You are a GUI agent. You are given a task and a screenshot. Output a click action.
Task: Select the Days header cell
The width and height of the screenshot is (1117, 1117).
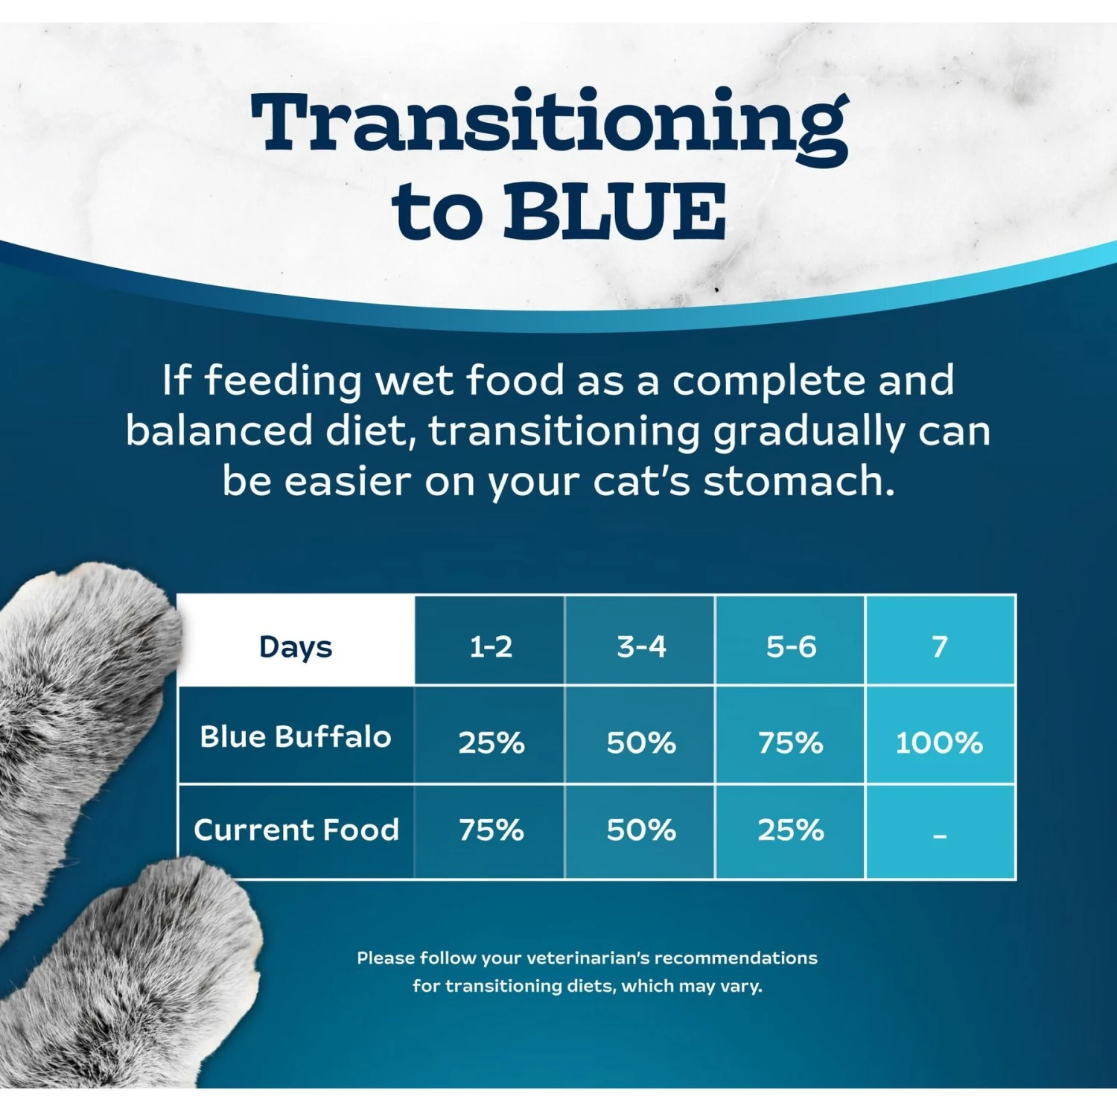[x=296, y=646]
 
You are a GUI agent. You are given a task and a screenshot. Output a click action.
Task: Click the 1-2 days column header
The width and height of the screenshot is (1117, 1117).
[x=491, y=646]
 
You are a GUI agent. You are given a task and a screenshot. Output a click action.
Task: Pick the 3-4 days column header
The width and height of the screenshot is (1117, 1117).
[x=641, y=646]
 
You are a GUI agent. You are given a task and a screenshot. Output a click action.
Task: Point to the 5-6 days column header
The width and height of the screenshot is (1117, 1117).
[x=791, y=646]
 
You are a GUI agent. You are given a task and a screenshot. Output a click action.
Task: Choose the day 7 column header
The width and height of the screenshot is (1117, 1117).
[x=940, y=646]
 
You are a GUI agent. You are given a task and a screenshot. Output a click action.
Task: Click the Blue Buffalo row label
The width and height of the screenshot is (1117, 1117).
[x=296, y=736]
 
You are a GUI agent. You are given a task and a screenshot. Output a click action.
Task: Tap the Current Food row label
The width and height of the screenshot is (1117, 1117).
[x=296, y=830]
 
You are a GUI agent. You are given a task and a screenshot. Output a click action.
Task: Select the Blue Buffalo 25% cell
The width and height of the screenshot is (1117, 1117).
[x=491, y=742]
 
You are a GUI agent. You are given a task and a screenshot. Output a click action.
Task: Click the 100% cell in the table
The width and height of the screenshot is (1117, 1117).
[x=939, y=742]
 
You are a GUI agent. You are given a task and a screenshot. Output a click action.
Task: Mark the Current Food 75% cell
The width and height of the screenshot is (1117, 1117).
[x=491, y=830]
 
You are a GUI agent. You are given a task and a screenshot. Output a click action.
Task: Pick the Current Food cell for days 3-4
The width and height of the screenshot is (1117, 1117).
[x=641, y=830]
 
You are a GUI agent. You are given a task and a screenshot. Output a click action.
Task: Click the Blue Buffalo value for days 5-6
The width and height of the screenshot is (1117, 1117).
[x=791, y=742]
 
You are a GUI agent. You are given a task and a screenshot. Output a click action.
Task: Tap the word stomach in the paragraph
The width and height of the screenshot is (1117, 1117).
[x=798, y=481]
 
